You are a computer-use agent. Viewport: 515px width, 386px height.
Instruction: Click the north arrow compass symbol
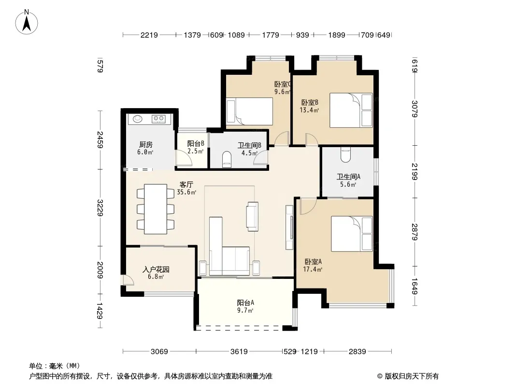tap(27, 22)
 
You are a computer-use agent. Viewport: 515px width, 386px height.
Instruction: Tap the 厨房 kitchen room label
tap(146, 144)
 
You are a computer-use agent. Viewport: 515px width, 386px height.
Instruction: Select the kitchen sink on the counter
tap(137, 118)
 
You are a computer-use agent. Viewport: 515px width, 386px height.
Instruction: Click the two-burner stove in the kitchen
tap(158, 118)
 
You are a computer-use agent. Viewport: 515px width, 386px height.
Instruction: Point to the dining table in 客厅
tap(156, 209)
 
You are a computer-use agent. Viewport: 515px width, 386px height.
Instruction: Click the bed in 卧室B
tap(351, 110)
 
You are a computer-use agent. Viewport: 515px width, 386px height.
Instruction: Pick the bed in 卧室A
tap(352, 234)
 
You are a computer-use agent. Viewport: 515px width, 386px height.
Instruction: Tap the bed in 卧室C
tap(250, 111)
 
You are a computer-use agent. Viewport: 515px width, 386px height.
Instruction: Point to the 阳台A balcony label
tap(245, 303)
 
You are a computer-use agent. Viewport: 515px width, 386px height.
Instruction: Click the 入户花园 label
tap(156, 269)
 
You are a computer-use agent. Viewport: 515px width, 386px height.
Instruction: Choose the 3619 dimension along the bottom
tap(239, 352)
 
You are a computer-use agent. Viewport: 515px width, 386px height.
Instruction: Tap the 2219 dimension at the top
tap(149, 35)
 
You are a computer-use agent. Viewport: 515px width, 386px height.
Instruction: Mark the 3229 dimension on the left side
tap(100, 208)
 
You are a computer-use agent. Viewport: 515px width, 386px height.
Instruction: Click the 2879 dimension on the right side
tap(415, 232)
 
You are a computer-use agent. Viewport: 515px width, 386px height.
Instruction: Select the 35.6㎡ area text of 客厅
tap(186, 192)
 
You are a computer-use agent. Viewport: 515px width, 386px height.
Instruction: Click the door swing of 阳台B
tap(184, 157)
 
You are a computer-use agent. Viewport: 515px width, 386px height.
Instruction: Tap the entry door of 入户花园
tap(128, 280)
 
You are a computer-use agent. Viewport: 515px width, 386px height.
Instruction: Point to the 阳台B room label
tap(196, 143)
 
